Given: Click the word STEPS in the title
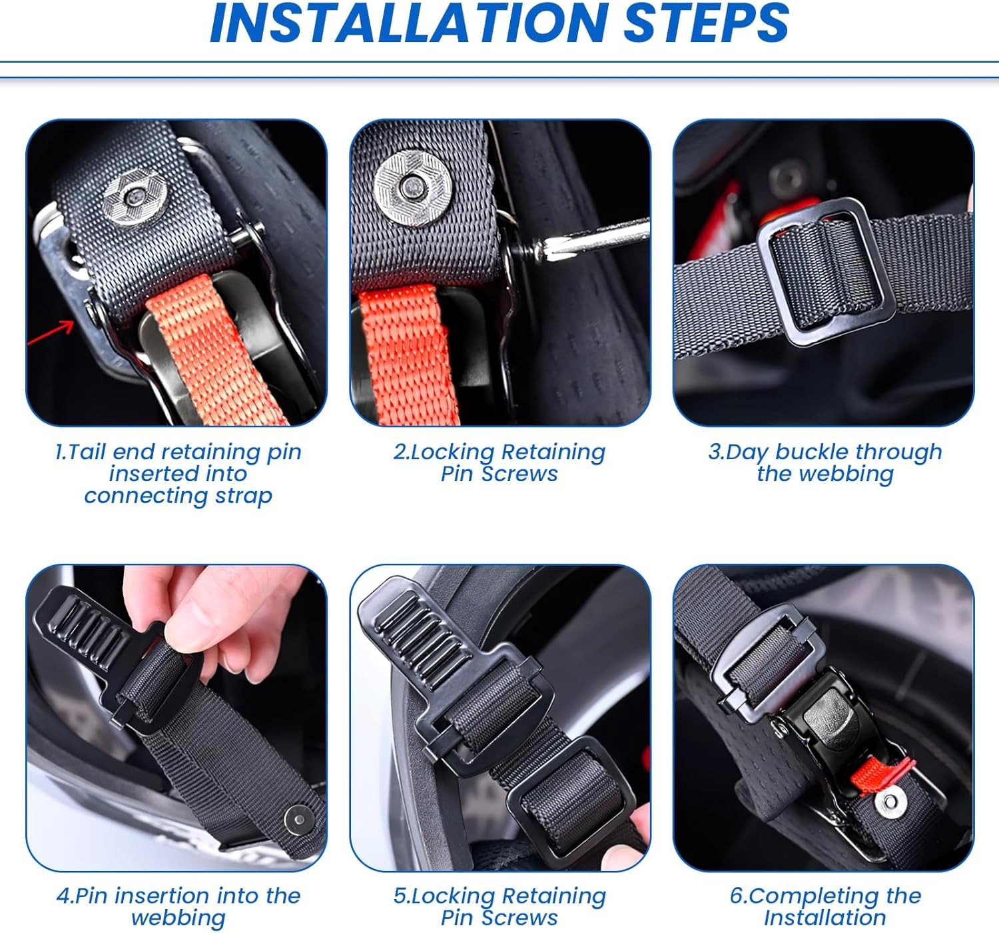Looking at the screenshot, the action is click(x=706, y=23).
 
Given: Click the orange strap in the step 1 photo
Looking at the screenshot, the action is click(x=216, y=353).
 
